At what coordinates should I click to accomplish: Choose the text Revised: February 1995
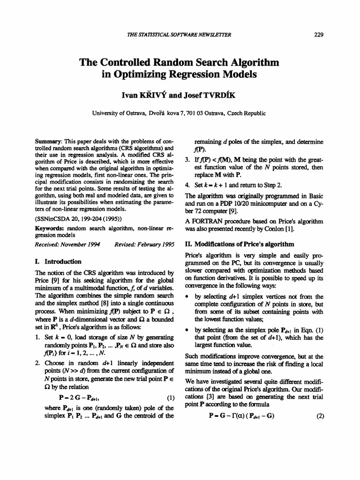(x=144, y=244)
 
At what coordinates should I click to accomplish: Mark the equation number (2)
(x=321, y=429)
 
